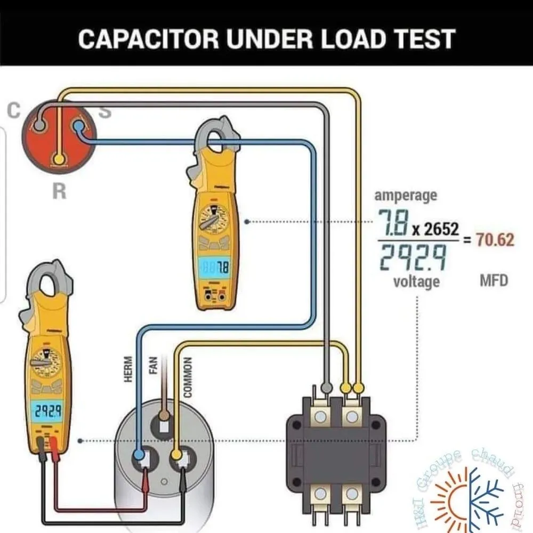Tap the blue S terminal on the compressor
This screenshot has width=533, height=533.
(78, 126)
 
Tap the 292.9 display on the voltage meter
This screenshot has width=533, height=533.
(46, 410)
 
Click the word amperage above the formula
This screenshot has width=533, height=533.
(406, 196)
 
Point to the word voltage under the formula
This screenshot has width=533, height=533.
(417, 280)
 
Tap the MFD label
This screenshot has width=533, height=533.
(495, 280)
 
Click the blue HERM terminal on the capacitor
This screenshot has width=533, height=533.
(140, 456)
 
